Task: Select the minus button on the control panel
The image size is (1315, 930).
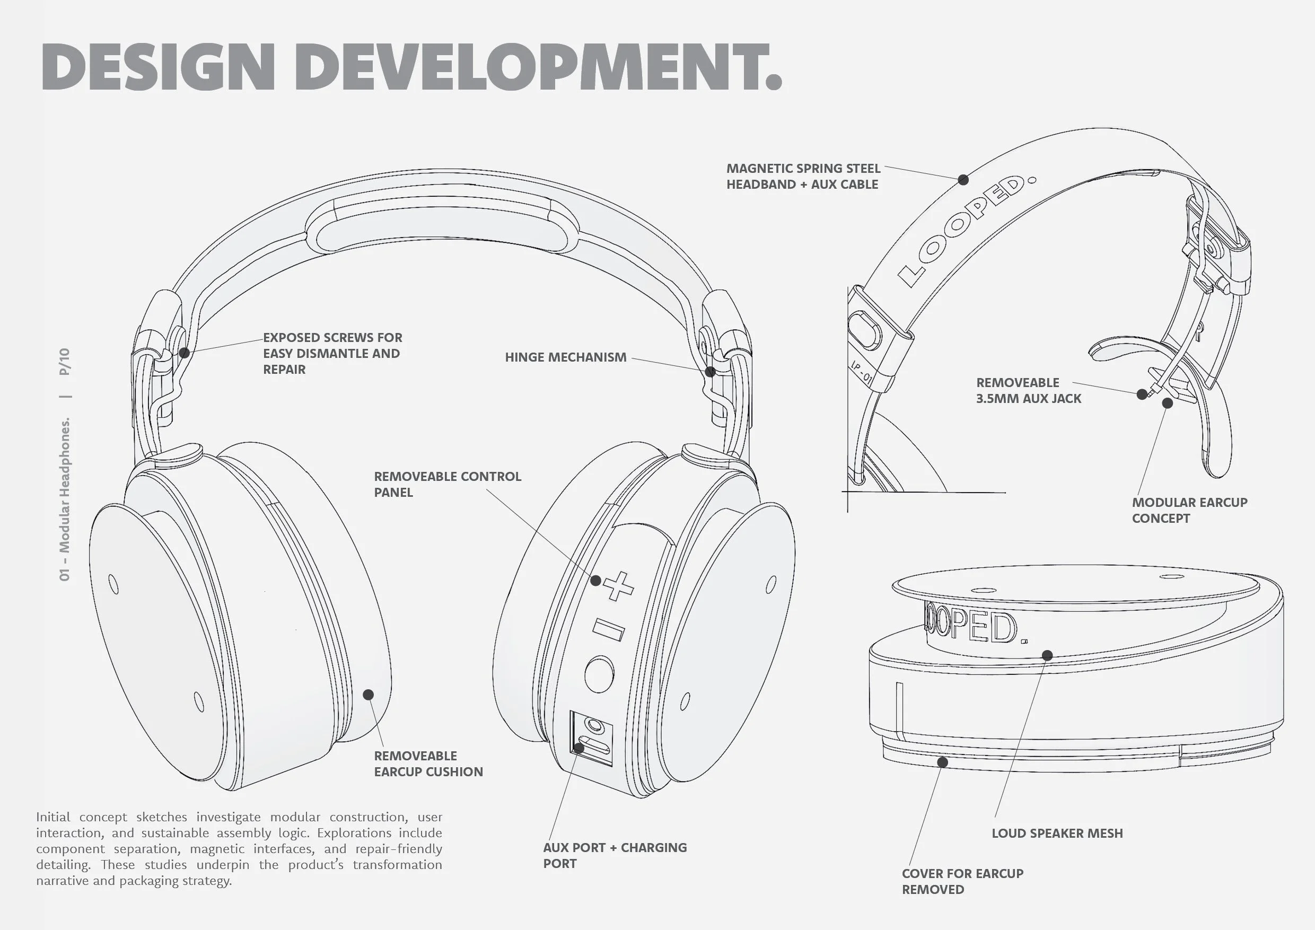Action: point(608,629)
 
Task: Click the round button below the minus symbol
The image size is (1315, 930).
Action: point(599,673)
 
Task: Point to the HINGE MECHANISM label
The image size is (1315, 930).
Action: point(565,357)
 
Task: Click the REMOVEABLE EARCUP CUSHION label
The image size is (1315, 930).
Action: point(428,764)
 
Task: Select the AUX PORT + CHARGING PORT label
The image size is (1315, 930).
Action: point(615,856)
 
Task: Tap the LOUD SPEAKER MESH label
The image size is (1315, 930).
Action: point(1057,833)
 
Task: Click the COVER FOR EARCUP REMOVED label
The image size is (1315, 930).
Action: point(962,881)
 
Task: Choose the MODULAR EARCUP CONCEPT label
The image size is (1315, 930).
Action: point(1189,510)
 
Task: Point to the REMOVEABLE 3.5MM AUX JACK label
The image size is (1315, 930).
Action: point(1029,391)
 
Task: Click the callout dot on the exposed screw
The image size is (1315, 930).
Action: point(184,353)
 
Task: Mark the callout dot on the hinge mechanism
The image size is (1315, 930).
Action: point(710,372)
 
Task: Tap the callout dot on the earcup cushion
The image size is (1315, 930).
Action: point(369,695)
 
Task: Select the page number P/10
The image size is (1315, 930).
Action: point(65,362)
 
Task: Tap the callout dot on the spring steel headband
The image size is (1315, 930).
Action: point(963,180)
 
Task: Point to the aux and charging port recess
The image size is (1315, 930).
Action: point(591,739)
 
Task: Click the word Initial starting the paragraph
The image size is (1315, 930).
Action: point(53,817)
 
